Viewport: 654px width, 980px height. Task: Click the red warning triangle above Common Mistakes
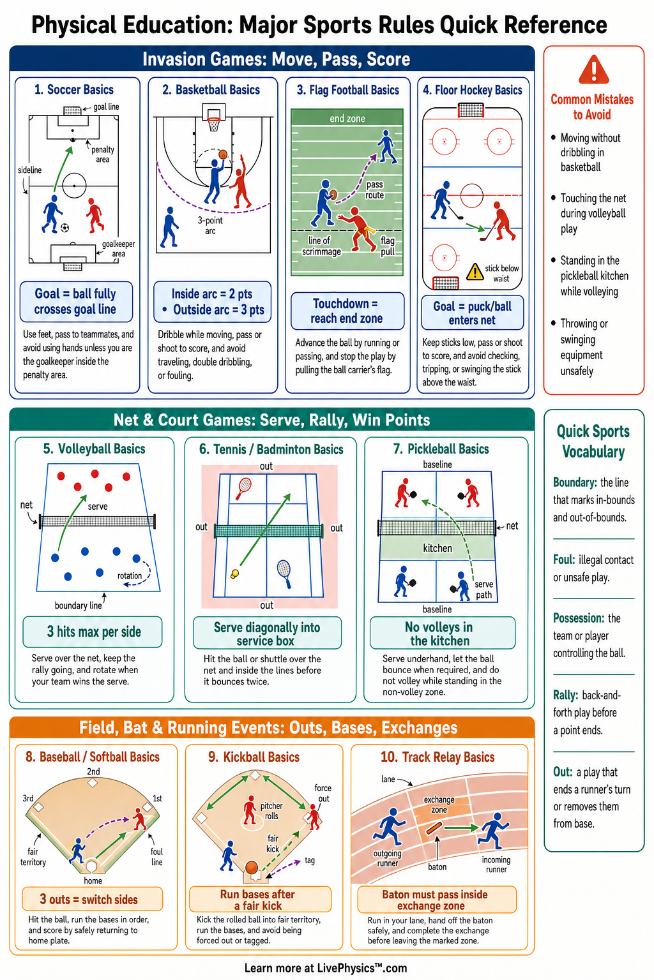593,70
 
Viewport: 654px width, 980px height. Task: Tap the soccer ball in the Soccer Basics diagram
65,228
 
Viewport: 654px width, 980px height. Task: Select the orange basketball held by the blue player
223,154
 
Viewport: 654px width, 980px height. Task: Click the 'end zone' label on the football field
347,119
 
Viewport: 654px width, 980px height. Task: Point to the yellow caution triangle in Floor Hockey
475,272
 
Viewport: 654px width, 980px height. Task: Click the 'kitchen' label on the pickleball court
437,548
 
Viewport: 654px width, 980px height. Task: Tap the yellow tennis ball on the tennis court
235,573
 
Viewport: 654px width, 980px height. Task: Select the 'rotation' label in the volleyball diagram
129,575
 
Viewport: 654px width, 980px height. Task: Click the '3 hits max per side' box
93,632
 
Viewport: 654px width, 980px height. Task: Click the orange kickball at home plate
252,866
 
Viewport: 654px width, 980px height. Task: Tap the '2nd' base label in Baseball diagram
93,771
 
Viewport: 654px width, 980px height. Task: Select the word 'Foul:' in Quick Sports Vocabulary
564,560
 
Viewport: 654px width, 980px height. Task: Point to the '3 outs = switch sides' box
93,899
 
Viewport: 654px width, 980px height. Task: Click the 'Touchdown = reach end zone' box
347,311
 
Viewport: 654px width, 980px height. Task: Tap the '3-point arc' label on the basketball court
210,225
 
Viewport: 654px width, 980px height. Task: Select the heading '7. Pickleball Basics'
441,449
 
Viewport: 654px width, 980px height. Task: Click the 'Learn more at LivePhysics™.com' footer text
326,968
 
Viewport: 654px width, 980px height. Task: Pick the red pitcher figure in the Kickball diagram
250,810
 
